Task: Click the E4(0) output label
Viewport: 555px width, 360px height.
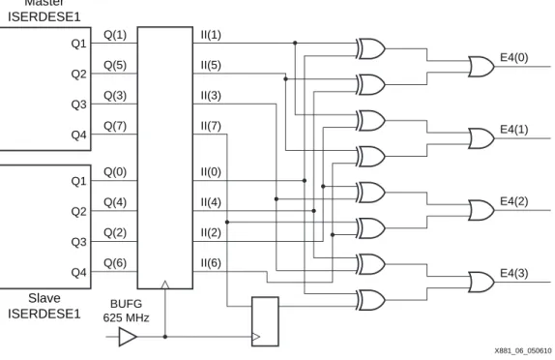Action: point(514,57)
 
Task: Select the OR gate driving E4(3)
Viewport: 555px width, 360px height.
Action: point(482,282)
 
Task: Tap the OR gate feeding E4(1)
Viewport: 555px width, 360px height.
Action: point(482,138)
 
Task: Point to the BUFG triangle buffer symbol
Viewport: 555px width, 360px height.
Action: point(128,337)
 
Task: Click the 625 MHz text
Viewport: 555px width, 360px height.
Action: point(126,317)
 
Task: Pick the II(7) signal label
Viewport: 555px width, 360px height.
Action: point(211,126)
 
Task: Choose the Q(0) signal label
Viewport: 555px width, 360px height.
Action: point(115,172)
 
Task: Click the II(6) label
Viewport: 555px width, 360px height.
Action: point(211,263)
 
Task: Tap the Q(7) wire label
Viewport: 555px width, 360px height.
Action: point(115,126)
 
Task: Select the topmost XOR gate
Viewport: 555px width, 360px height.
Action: point(371,48)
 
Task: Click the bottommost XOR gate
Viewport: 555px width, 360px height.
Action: point(371,300)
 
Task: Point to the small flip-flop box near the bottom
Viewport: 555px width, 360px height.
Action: point(265,321)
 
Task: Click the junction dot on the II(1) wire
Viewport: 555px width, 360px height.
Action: point(295,43)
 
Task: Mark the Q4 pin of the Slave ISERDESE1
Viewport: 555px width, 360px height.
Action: point(78,273)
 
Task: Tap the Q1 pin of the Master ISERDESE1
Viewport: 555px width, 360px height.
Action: point(78,44)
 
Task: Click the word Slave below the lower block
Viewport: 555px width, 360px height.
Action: point(44,298)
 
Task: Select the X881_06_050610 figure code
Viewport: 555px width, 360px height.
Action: point(523,350)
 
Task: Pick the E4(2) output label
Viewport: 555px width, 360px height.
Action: point(514,201)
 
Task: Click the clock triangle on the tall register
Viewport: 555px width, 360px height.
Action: point(165,285)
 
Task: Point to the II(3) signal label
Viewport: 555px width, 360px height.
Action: point(211,95)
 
